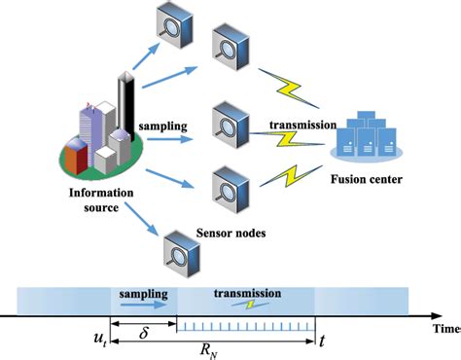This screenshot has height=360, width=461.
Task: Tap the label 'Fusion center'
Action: click(368, 180)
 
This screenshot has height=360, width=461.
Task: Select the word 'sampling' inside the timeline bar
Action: click(146, 292)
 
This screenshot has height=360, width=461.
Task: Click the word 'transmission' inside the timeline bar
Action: click(246, 291)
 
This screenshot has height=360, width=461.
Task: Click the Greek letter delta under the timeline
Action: click(143, 331)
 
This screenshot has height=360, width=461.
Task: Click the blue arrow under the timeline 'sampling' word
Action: click(146, 305)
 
